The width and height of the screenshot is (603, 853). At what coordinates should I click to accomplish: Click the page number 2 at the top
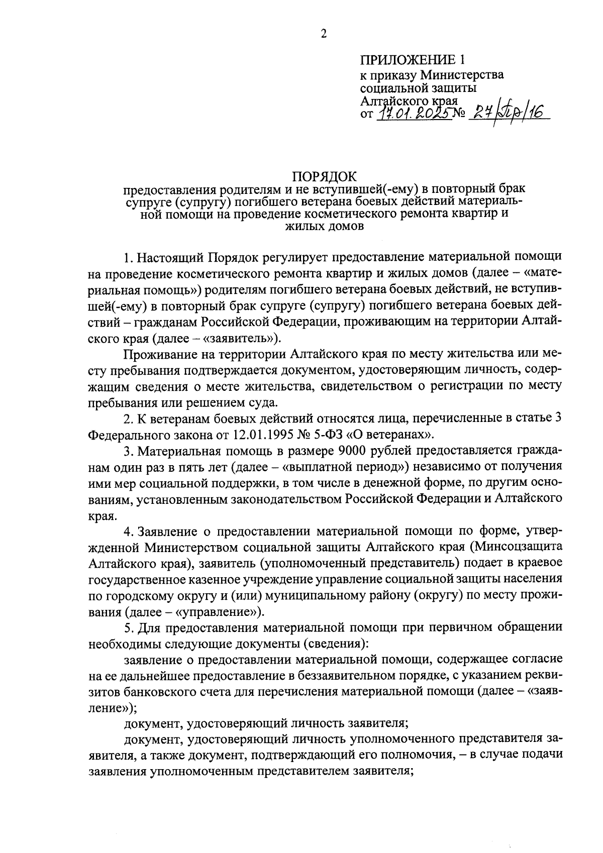(324, 34)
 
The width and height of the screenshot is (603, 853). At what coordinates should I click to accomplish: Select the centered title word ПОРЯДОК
(324, 177)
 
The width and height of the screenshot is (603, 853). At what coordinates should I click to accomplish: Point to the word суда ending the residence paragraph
(262, 402)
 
